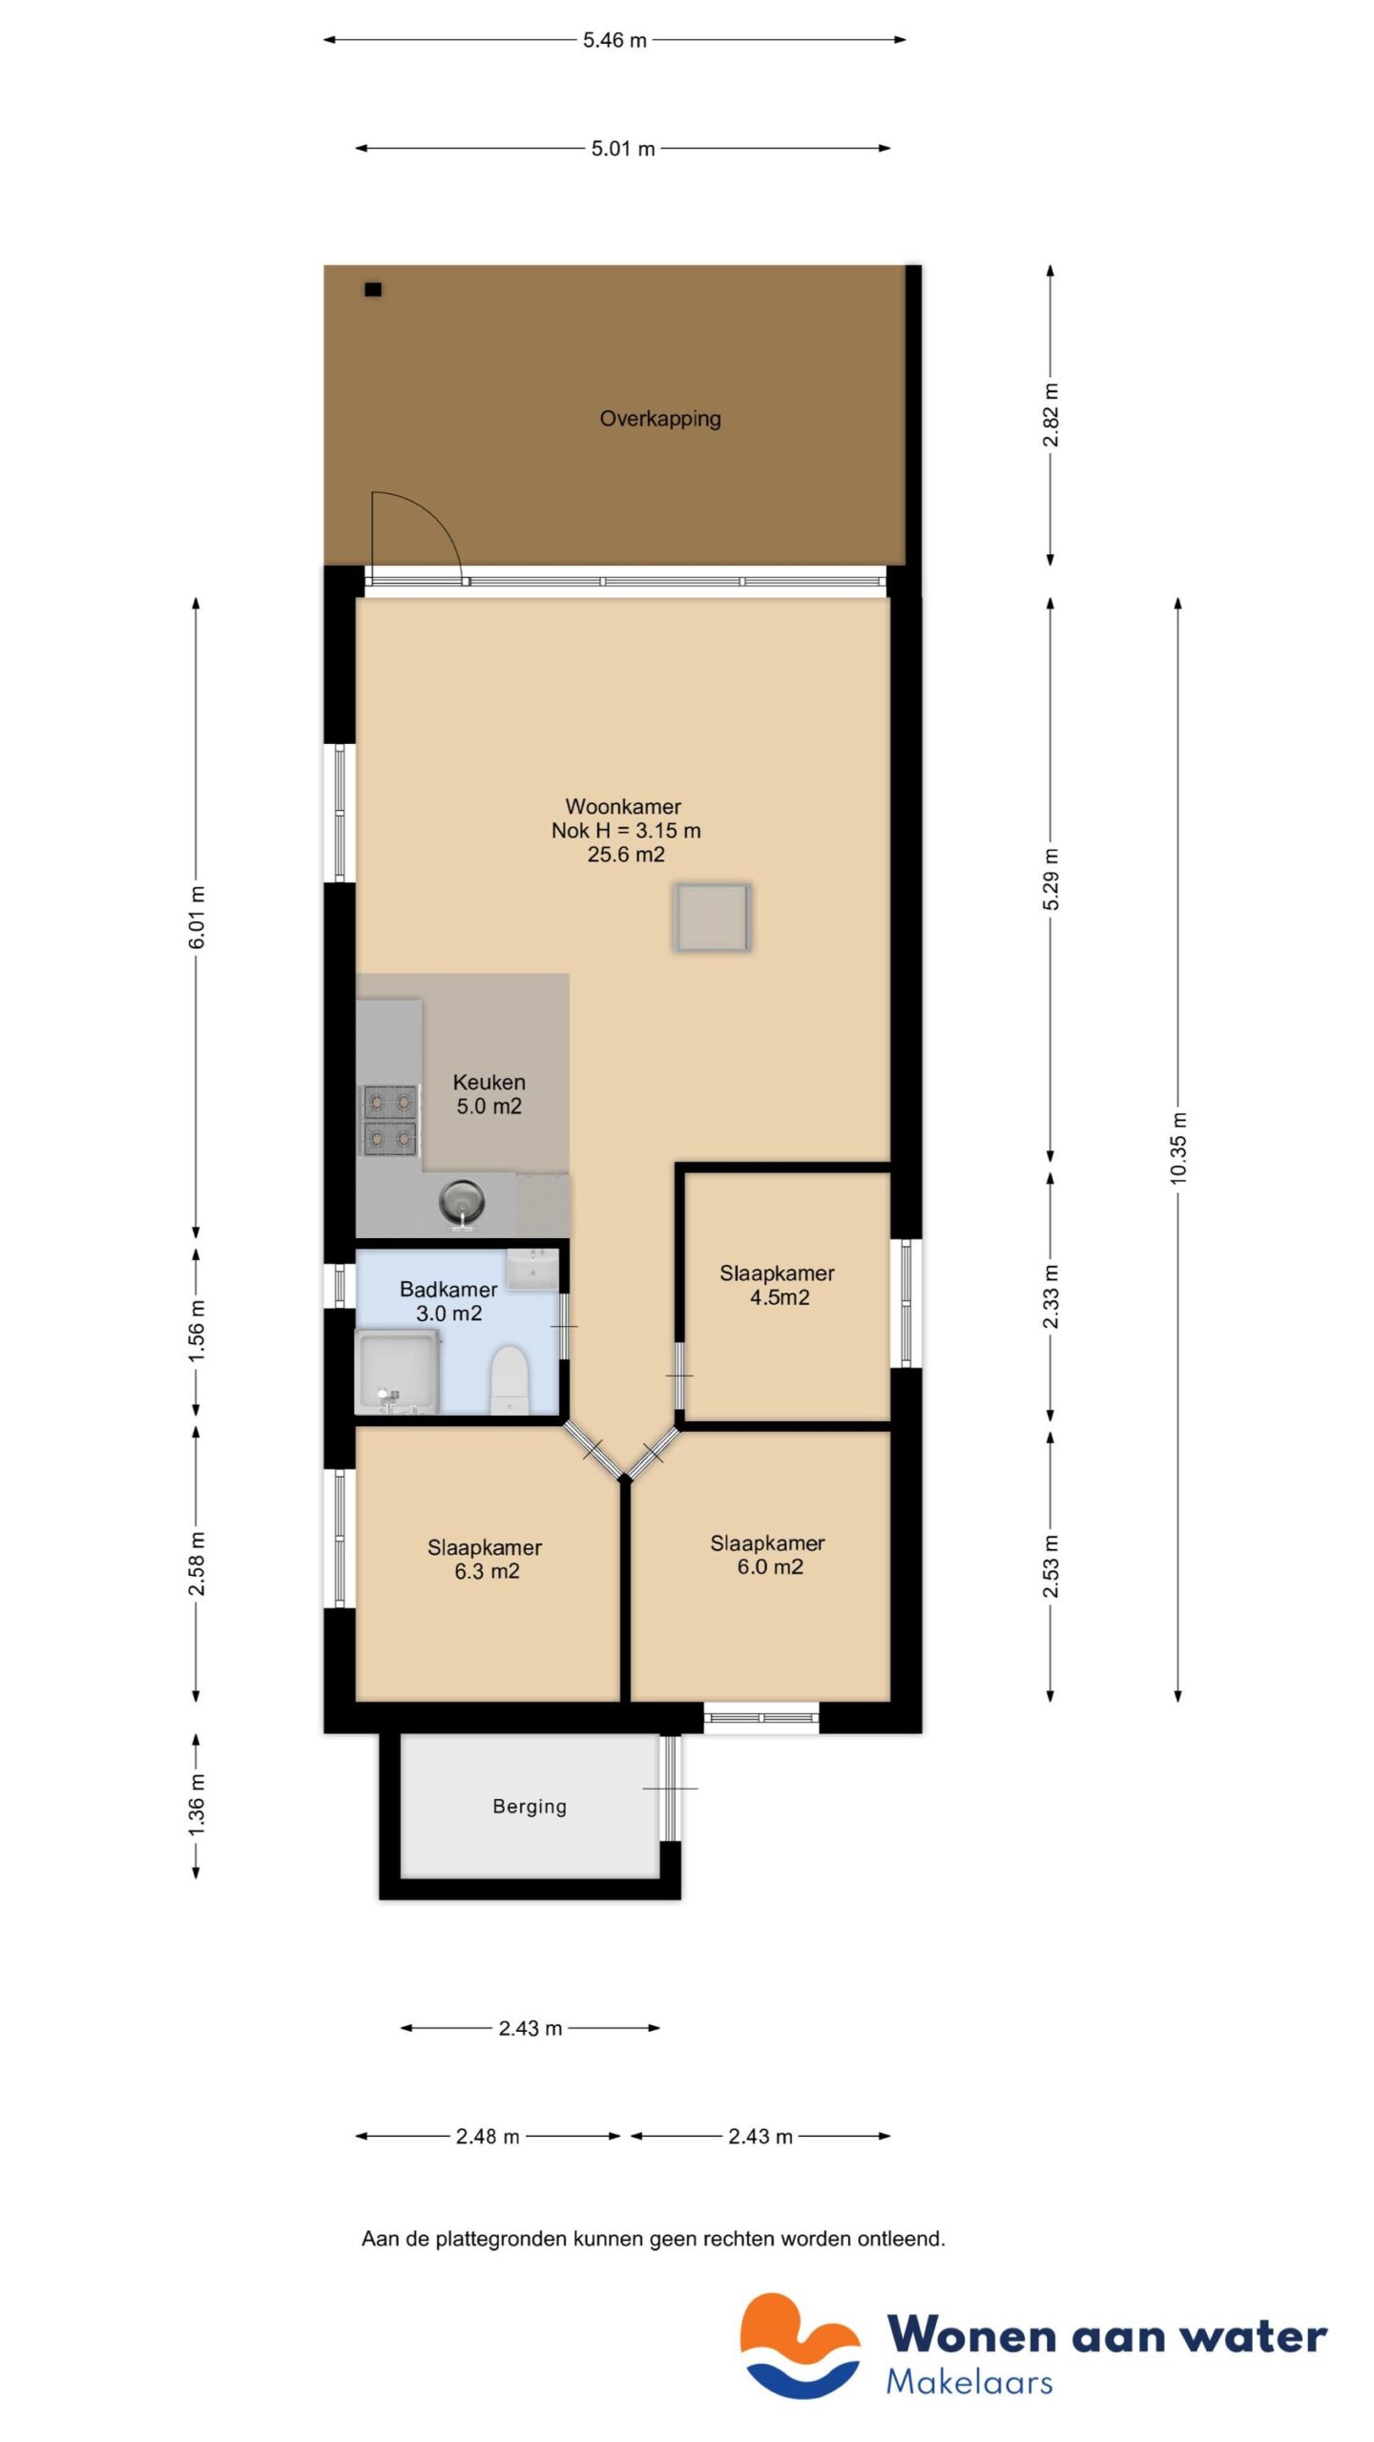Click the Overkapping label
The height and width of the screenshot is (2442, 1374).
(659, 418)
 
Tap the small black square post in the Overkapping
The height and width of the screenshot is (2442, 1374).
(373, 289)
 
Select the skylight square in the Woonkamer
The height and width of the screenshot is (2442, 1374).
(712, 917)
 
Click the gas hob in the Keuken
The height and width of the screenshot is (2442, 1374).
(389, 1120)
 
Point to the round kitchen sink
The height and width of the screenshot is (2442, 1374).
(462, 1201)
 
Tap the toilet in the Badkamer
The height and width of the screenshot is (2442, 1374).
(509, 1378)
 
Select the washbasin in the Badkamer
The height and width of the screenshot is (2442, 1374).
(531, 1270)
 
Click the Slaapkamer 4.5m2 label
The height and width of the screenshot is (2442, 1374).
(777, 1285)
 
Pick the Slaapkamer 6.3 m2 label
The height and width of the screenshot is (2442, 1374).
(485, 1560)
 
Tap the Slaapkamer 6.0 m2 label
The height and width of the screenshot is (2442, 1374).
(768, 1555)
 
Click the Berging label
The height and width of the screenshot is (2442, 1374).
(530, 1806)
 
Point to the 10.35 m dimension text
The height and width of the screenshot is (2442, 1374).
(1178, 1148)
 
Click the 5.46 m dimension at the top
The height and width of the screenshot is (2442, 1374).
(614, 40)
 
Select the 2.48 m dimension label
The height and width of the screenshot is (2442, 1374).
(488, 2137)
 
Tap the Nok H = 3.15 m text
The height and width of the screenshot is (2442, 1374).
(626, 831)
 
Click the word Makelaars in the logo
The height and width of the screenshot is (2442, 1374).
(968, 2382)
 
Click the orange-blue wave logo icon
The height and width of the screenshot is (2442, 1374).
(800, 2346)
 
